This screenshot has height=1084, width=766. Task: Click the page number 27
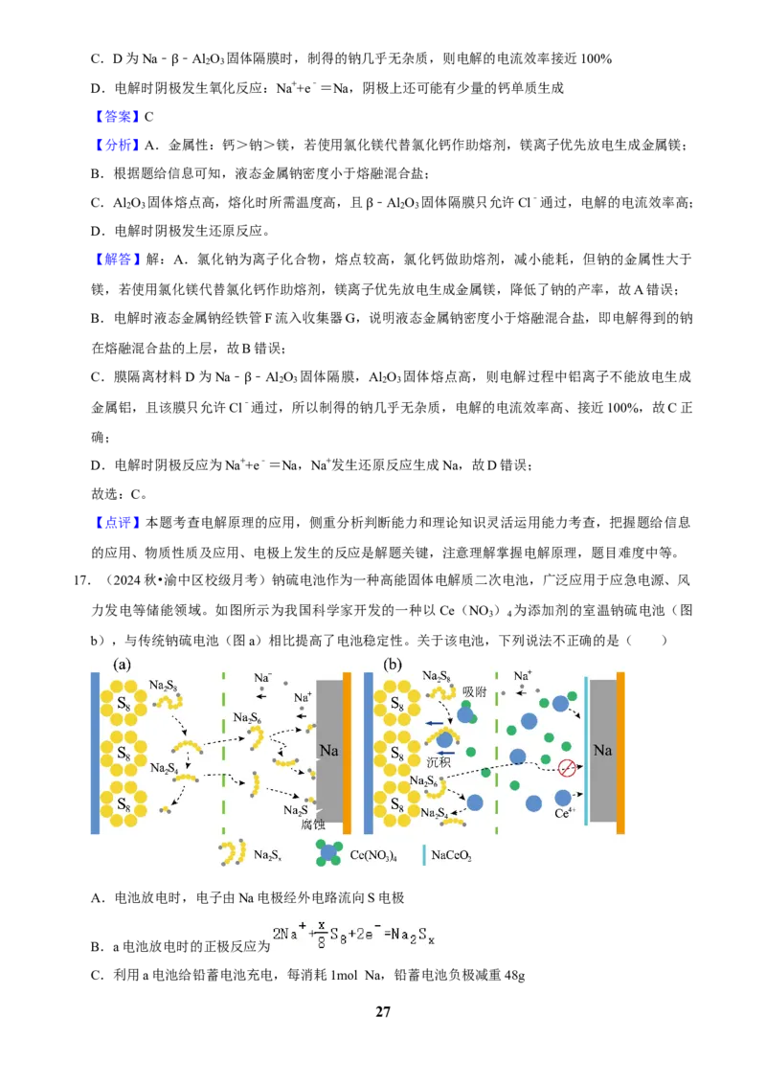click(382, 1011)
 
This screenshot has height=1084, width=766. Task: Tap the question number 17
click(81, 580)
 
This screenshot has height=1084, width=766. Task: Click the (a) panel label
click(122, 666)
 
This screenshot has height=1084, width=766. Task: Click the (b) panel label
click(393, 666)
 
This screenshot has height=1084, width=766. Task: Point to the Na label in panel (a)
click(328, 750)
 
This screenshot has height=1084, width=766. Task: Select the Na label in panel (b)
click(602, 750)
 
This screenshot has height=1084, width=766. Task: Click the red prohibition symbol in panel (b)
click(567, 767)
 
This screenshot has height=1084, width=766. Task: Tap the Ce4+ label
click(565, 813)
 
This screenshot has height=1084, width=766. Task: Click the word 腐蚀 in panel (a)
click(312, 824)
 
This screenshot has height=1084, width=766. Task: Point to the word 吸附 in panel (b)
click(475, 691)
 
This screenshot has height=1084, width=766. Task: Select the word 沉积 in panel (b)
click(439, 762)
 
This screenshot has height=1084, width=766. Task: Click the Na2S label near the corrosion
click(295, 809)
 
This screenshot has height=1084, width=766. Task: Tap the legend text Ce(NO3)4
click(373, 855)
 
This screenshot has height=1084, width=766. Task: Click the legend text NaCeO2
click(451, 855)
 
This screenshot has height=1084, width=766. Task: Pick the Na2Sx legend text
click(267, 855)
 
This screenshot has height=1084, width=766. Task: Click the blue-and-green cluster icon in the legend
click(328, 853)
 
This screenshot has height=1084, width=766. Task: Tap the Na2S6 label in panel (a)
click(247, 717)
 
